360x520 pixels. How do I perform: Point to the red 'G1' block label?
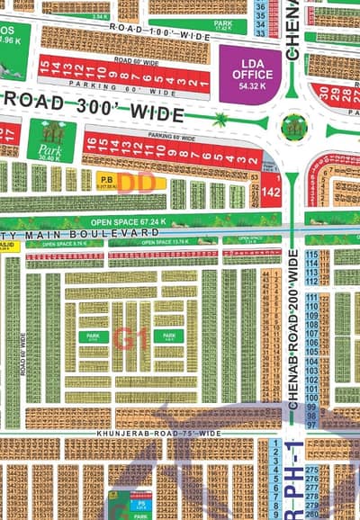(x=131, y=338)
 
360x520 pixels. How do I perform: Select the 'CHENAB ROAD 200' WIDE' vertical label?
(x=293, y=333)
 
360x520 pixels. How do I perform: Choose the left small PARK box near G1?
(x=92, y=336)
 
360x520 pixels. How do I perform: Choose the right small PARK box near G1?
(x=171, y=336)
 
